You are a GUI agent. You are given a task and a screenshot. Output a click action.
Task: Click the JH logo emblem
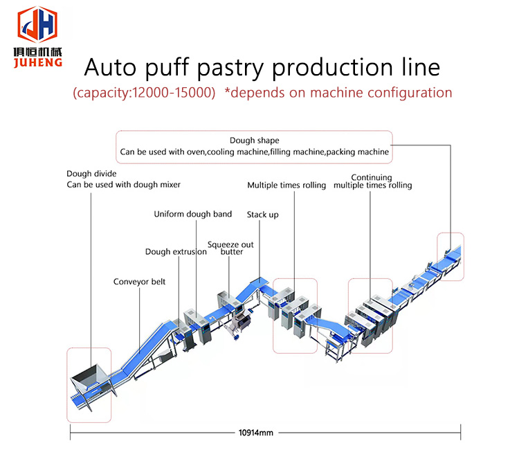tap(38, 25)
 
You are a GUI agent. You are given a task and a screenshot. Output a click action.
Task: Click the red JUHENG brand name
tap(38, 62)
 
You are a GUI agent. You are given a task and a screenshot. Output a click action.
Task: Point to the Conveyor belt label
tap(140, 282)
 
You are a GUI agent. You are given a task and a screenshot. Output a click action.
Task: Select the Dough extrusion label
tap(176, 252)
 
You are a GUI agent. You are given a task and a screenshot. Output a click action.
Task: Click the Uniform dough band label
tap(192, 215)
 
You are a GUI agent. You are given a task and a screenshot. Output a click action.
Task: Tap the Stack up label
tap(263, 215)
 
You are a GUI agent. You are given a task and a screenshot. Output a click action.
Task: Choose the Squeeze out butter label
tap(230, 248)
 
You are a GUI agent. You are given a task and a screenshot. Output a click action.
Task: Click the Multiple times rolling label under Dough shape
tap(286, 186)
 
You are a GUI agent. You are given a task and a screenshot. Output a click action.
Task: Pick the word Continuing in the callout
tap(372, 177)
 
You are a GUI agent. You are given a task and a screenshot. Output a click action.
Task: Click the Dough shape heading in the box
tap(255, 141)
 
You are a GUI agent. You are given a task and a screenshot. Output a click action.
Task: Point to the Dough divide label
tap(91, 174)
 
